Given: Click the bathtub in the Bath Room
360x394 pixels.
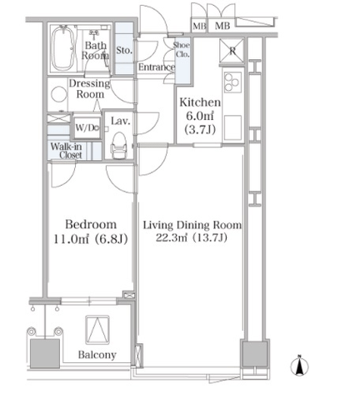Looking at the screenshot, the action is coord(63,48).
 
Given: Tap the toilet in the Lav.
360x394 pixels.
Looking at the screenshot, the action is coord(119,146).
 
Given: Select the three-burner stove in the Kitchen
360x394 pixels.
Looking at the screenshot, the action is coord(232,82).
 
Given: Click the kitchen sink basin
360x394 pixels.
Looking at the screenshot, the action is coord(232,127).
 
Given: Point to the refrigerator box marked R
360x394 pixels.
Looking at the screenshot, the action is coord(232,51).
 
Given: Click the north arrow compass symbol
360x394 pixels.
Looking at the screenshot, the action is coord(299,366).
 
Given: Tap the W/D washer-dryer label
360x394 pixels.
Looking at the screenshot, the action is coord(87,127).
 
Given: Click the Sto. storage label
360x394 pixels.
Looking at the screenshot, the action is coord(124,51).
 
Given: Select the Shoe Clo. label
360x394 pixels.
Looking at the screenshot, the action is coord(182,49).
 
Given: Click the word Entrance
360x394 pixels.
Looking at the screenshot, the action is coord(157,67).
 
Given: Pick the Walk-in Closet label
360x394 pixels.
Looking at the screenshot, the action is coord(67,151).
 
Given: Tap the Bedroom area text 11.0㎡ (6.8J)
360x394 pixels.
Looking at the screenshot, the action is coord(91,239).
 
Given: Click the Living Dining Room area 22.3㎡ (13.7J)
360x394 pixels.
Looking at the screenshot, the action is coord(192,238).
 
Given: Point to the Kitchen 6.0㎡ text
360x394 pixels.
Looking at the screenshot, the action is coord(200,116).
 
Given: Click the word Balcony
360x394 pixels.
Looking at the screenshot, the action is coord(97,355).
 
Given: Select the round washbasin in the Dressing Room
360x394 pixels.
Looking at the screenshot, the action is coord(59,94).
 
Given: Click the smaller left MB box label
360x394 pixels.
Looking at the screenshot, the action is coord(199,26).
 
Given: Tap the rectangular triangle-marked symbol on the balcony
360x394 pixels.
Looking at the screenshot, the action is coord(97,329).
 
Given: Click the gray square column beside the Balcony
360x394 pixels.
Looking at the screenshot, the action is coord(45,353).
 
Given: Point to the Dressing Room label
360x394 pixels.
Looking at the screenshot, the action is coord(89,88).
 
